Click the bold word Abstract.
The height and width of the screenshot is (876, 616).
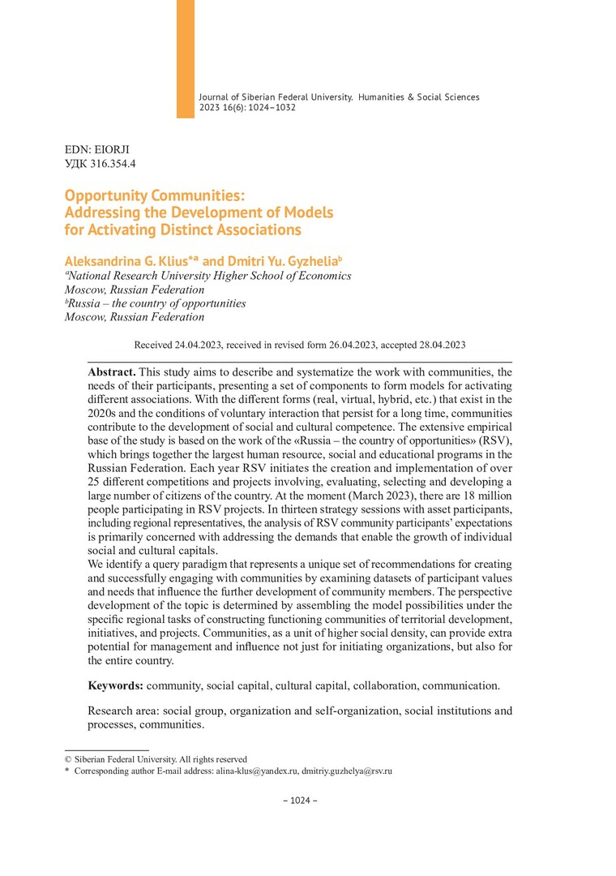point(112,371)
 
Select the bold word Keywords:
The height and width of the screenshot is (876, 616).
point(115,685)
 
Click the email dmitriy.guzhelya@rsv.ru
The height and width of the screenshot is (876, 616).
point(347,771)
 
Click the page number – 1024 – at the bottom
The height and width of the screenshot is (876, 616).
point(300,801)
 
